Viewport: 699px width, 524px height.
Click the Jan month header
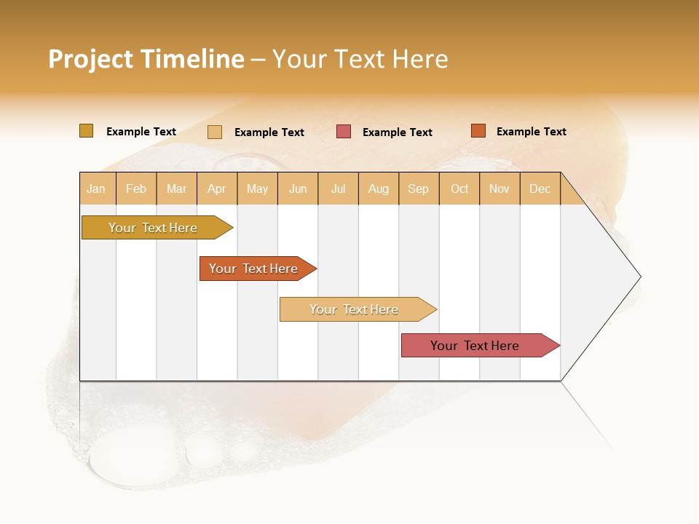[x=97, y=188]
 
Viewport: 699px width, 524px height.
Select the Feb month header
[x=136, y=188]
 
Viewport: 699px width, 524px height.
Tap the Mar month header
[x=176, y=188]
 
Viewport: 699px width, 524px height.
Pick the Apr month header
[x=217, y=188]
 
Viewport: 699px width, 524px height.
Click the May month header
[x=257, y=188]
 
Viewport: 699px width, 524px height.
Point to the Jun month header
[x=298, y=188]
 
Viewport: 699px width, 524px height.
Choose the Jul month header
[x=338, y=188]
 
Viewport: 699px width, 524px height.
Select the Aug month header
[x=379, y=188]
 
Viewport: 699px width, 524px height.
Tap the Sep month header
[x=419, y=188]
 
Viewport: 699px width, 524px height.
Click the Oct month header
[x=459, y=188]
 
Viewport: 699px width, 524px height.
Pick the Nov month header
[x=499, y=188]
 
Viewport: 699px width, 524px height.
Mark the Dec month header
[x=540, y=188]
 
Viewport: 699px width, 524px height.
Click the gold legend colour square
[x=86, y=131]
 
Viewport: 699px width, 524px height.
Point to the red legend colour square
[x=344, y=132]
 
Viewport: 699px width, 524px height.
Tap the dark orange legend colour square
[x=478, y=131]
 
